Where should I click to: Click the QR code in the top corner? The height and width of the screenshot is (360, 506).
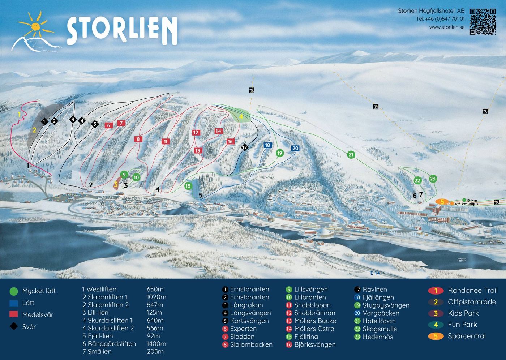483,22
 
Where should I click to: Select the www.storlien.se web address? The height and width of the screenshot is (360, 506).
447,27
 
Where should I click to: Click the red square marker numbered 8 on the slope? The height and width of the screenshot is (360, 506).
138,139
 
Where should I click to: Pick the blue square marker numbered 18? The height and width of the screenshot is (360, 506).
267,145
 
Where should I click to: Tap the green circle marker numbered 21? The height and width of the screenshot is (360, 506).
351,155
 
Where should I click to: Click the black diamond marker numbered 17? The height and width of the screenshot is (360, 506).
245,147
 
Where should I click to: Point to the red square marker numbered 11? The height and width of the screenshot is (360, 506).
166,141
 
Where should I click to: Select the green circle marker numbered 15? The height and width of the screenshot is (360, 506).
188,186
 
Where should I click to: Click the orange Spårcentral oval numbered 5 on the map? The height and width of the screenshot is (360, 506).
442,202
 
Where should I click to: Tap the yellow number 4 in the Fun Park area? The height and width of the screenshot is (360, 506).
241,117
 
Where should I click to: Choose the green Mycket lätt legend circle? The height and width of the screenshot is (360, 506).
14,291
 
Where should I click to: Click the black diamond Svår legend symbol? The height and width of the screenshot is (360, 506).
14,326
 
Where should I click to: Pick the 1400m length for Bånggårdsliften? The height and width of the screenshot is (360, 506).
156,344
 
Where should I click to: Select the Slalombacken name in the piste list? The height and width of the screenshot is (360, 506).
251,344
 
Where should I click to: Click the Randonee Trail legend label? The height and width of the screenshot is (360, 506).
472,291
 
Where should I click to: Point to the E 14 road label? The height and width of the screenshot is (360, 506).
375,273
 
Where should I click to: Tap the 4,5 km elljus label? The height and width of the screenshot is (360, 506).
466,204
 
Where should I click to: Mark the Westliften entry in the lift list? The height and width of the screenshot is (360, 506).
101,289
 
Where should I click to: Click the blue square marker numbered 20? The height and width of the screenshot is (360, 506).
295,148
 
